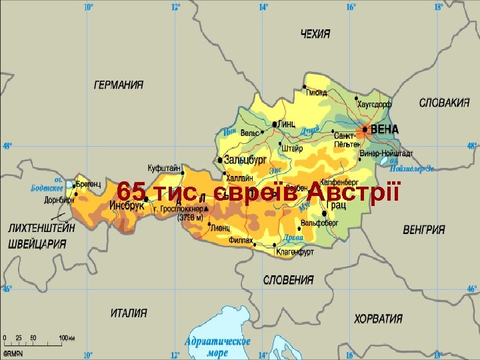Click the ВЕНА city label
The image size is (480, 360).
click(385, 129)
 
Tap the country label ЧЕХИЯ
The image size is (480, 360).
click(318, 33)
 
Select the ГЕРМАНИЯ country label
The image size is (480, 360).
click(118, 85)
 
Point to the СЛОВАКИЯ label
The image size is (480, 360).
click(444, 103)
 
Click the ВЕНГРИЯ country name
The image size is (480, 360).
click(424, 229)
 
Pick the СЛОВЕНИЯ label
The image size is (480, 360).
click(289, 280)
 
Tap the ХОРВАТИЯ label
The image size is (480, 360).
click(378, 319)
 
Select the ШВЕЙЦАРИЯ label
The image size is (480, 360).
click(37, 243)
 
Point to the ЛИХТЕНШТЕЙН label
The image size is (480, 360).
click(42, 228)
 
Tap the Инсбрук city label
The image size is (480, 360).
click(127, 206)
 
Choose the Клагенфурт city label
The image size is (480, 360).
click(295, 252)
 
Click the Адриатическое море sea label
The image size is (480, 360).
click(218, 347)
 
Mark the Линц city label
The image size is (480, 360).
click(287, 123)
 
